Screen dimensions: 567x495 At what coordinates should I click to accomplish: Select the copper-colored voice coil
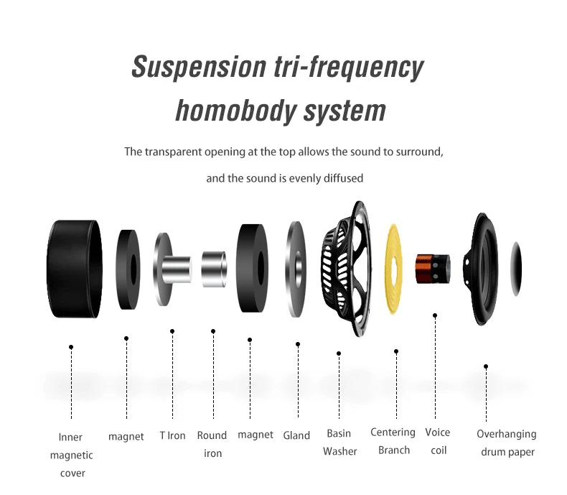tap(433, 269)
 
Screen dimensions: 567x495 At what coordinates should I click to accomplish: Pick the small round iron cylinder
tap(214, 269)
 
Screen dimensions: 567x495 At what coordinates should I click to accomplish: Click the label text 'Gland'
tap(296, 435)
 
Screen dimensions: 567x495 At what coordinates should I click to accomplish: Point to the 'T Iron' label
tap(172, 435)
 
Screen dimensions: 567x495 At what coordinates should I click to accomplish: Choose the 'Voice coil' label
tap(436, 441)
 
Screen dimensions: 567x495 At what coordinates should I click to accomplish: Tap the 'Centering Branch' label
tap(393, 441)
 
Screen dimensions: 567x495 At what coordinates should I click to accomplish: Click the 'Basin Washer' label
tap(339, 443)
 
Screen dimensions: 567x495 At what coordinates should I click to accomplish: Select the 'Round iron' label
tap(212, 444)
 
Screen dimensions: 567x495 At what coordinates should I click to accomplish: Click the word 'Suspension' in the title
tap(198, 68)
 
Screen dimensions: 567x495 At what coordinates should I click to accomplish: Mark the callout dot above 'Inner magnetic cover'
tap(71, 347)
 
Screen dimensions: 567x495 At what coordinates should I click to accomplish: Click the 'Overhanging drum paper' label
tap(506, 443)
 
